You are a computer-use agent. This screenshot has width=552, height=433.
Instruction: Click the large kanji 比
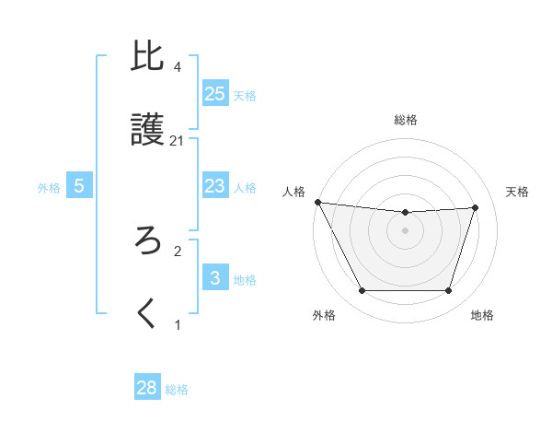(148, 58)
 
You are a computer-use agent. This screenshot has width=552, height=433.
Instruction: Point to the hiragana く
(148, 313)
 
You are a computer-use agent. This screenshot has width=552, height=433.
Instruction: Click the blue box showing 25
(215, 94)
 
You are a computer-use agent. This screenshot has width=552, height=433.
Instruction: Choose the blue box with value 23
(215, 187)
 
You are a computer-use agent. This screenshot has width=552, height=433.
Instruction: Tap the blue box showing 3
(215, 278)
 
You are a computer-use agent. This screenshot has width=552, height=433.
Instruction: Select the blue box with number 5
(79, 187)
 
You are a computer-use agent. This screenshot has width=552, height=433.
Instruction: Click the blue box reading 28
(147, 388)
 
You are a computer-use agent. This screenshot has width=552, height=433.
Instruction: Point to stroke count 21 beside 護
(178, 141)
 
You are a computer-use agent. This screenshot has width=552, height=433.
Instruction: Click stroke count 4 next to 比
(178, 67)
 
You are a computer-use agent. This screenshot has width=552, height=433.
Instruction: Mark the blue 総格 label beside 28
(177, 390)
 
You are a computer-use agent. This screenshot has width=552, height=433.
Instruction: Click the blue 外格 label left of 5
(49, 188)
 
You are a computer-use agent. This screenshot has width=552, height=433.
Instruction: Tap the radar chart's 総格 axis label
(406, 120)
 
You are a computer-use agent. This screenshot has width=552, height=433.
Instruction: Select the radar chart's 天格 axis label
(518, 192)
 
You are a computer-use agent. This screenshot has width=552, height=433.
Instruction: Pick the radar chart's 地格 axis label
(482, 316)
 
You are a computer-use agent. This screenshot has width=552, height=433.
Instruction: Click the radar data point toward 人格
(317, 202)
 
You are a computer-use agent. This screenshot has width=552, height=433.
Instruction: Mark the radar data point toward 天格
(476, 207)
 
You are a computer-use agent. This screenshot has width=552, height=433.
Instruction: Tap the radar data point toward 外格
(362, 291)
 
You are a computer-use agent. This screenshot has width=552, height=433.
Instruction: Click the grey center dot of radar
(406, 230)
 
